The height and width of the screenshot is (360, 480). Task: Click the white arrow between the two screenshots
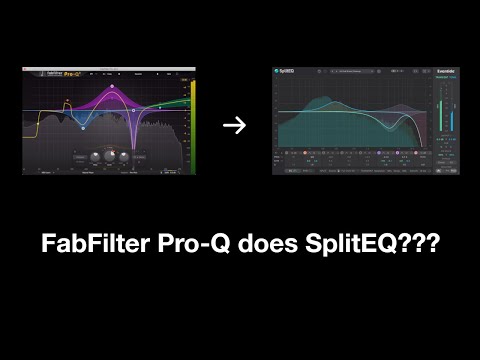click(233, 125)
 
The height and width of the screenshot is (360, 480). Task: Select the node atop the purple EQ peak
click(112, 87)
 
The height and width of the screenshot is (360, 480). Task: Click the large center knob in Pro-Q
click(100, 158)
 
